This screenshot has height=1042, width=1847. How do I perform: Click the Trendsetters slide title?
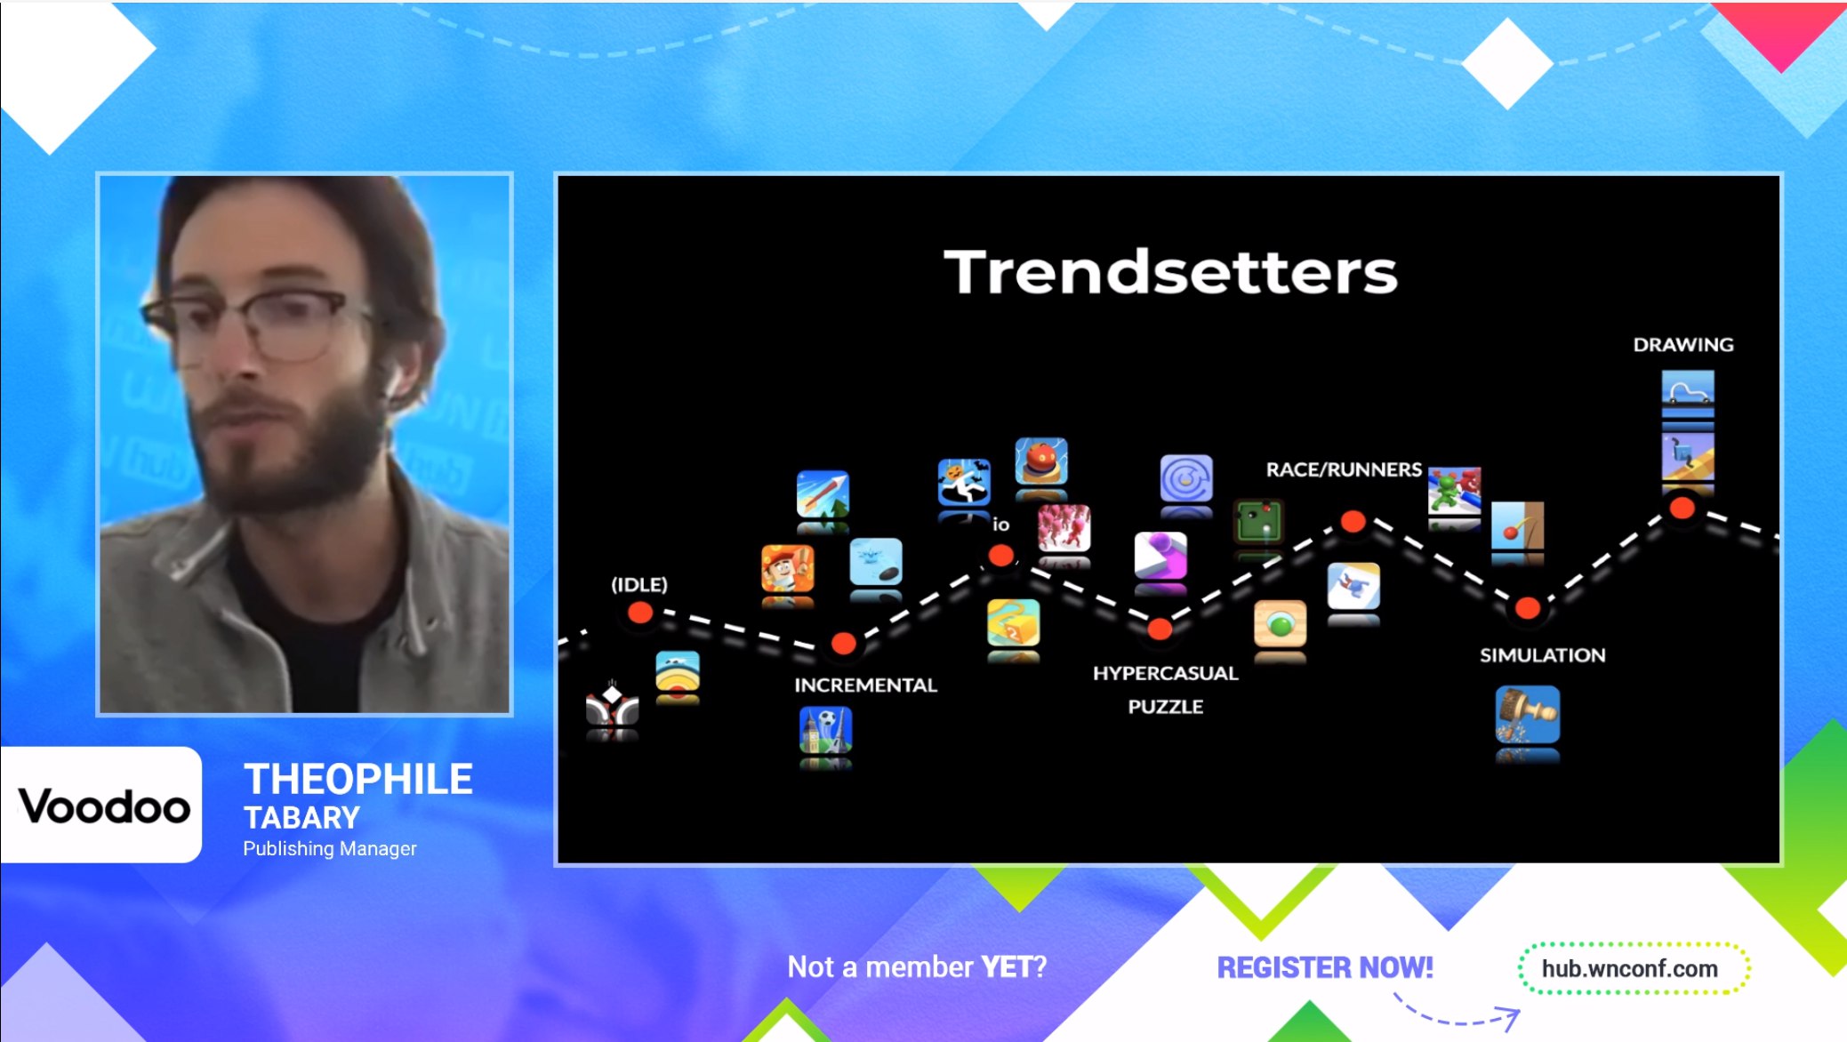click(1170, 271)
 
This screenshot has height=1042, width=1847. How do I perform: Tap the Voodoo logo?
click(104, 806)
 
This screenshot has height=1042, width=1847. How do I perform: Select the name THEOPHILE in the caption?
click(358, 780)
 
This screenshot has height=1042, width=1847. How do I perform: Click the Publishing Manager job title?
click(330, 849)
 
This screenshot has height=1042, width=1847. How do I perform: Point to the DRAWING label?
click(1683, 345)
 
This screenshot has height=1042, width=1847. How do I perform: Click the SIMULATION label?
click(1543, 655)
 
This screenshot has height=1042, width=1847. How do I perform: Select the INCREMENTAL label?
click(865, 685)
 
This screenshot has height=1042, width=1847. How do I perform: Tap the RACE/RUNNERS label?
click(1344, 469)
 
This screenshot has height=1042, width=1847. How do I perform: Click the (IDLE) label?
click(639, 585)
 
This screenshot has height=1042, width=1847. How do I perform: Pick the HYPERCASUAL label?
click(1165, 673)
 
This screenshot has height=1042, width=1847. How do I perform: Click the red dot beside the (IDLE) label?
click(640, 613)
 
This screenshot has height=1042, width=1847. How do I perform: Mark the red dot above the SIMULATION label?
click(1528, 608)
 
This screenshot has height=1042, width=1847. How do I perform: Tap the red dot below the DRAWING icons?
click(1682, 509)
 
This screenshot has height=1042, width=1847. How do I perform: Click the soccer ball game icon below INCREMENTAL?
click(826, 730)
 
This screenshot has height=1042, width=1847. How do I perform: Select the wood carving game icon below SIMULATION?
click(1528, 714)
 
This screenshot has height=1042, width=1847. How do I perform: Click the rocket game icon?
click(823, 493)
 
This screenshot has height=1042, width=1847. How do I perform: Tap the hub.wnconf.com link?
click(1630, 969)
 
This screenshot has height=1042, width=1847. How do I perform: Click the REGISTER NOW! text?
click(1325, 967)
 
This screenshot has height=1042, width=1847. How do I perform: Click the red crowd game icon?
click(1064, 527)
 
